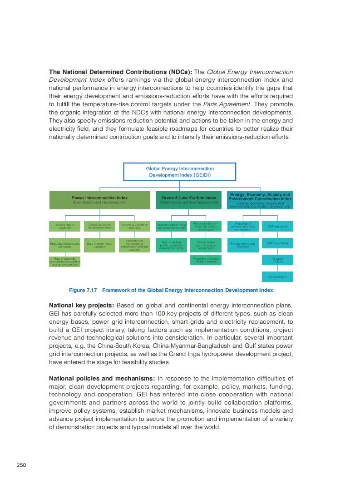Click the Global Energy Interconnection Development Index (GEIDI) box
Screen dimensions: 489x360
click(x=179, y=172)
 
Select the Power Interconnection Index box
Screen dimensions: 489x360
click(x=99, y=200)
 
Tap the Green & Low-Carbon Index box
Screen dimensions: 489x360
click(x=189, y=200)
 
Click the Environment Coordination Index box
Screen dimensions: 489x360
click(x=260, y=200)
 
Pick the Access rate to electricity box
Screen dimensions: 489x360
click(x=64, y=226)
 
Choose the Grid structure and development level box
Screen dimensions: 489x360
click(x=99, y=226)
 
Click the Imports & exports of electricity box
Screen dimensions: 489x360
click(x=134, y=226)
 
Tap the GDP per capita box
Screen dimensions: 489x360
click(x=277, y=226)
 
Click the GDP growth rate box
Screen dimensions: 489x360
click(x=277, y=244)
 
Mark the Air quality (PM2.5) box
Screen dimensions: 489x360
click(x=277, y=260)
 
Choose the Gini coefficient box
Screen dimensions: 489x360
click(x=277, y=277)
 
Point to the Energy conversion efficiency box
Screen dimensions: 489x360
click(x=243, y=245)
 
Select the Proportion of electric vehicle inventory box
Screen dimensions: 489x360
click(x=206, y=260)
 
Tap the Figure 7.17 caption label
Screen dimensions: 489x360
click(x=171, y=290)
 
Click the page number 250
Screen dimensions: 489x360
click(x=22, y=464)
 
